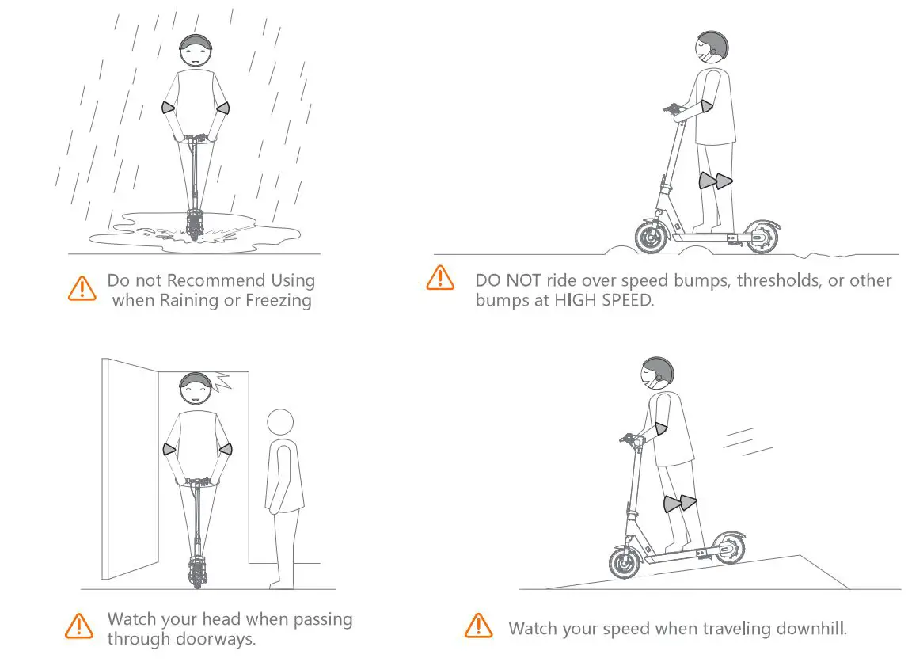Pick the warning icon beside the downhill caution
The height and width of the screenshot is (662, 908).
(x=477, y=625)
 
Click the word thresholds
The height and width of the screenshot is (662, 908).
(x=766, y=281)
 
